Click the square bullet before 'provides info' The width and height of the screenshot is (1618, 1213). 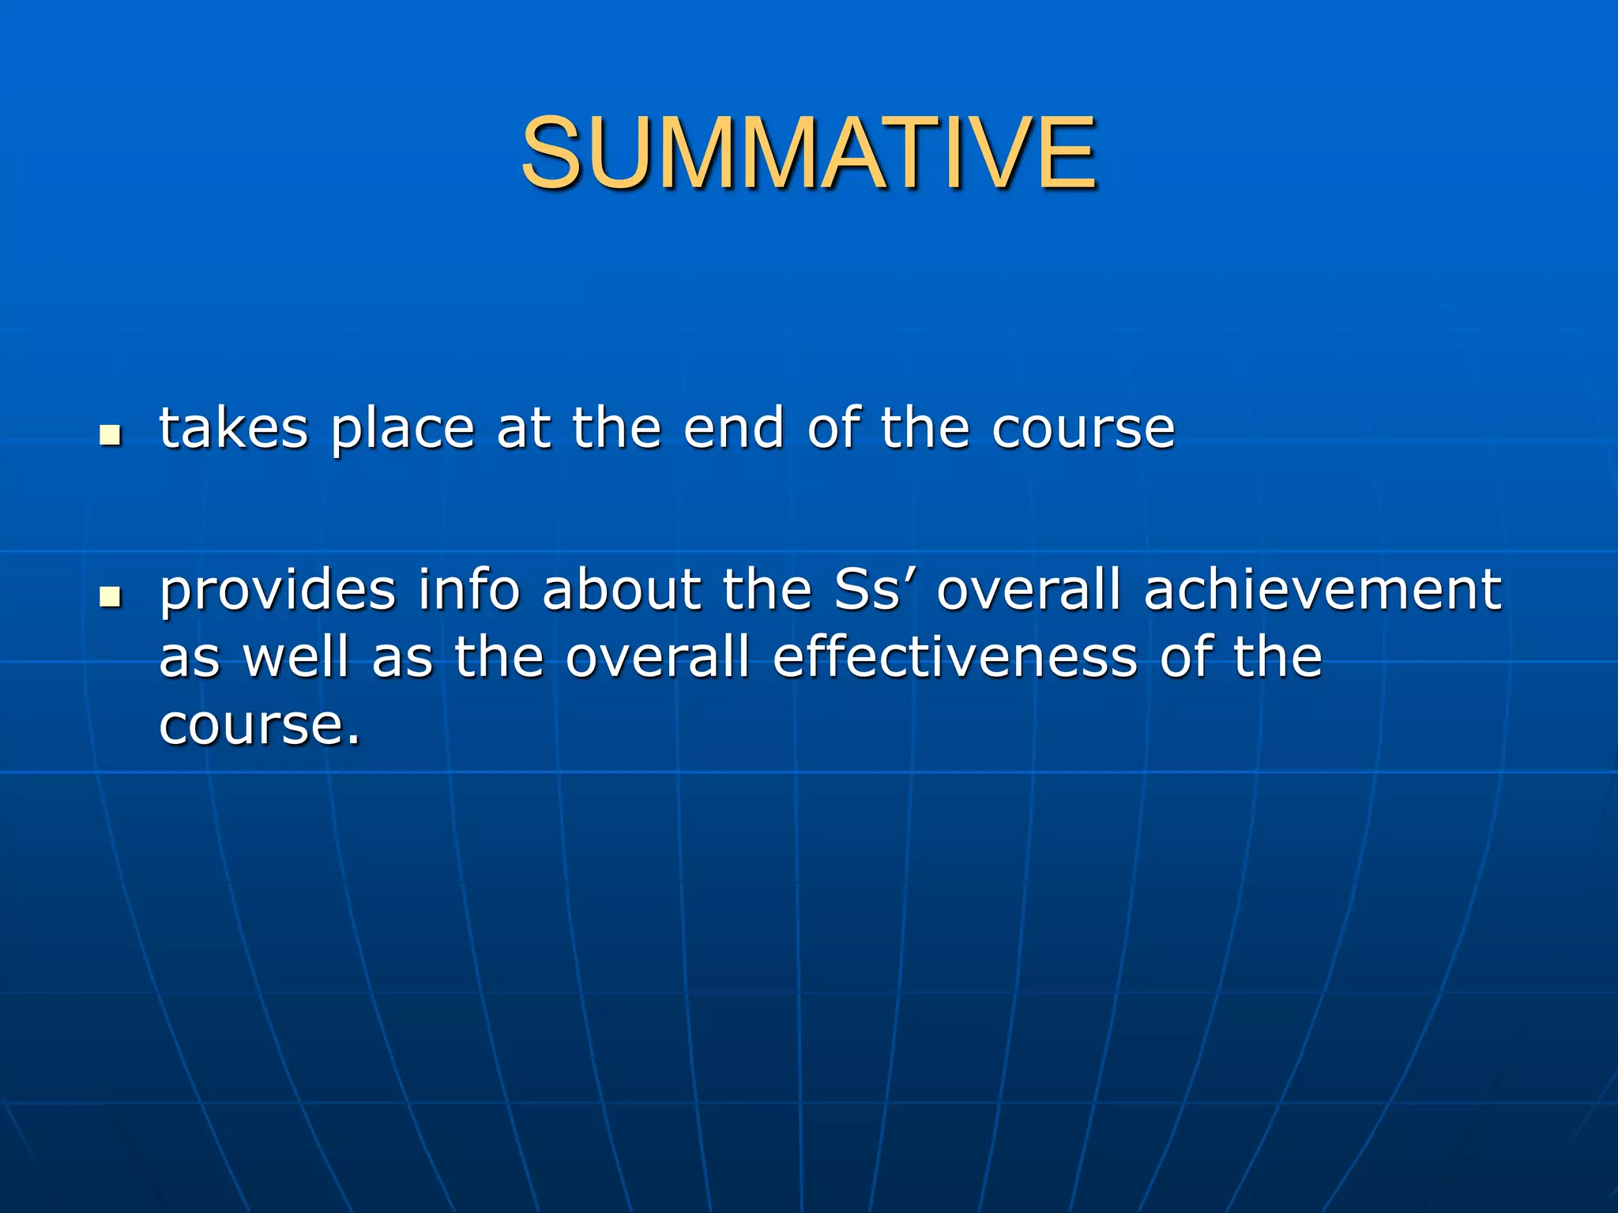coord(111,597)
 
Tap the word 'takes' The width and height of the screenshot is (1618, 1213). coord(234,429)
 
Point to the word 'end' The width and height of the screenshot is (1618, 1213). coord(733,429)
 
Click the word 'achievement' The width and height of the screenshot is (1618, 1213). coord(1322,591)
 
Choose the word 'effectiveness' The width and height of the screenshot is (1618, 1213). coord(955,657)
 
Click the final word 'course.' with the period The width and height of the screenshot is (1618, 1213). coord(260,725)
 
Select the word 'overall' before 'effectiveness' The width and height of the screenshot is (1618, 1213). coord(657,657)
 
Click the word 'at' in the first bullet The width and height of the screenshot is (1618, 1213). coord(523,429)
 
